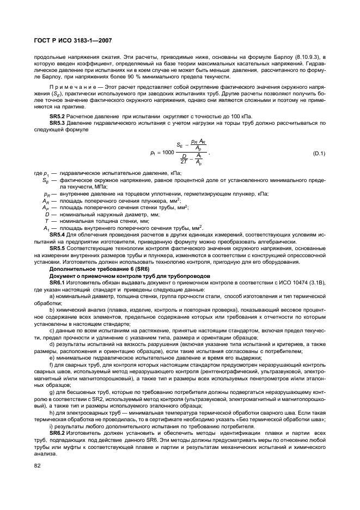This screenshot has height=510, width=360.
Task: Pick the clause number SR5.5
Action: [x=57, y=248]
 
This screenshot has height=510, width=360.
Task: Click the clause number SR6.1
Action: [x=57, y=283]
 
